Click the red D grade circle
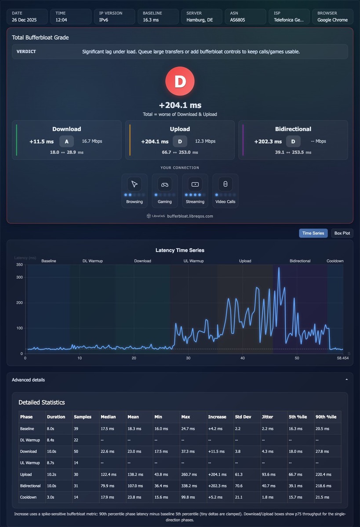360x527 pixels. click(x=180, y=81)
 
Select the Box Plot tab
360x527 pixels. click(x=342, y=233)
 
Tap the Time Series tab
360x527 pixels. click(x=313, y=233)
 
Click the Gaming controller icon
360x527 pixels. click(x=164, y=184)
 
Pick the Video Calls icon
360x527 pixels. click(x=225, y=184)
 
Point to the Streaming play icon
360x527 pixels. click(x=195, y=184)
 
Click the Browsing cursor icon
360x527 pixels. click(x=135, y=184)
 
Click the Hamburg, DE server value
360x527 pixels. click(x=200, y=20)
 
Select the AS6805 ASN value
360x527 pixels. click(x=237, y=20)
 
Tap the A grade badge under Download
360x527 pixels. click(x=67, y=141)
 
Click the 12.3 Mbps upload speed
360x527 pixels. click(x=205, y=141)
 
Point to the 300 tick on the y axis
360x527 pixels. click(x=19, y=277)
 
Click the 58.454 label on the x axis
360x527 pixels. click(x=343, y=358)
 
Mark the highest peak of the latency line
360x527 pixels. click(x=279, y=267)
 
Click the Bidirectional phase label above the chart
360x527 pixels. click(x=300, y=261)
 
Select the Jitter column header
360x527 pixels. click(x=267, y=417)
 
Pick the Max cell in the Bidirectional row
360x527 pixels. click(x=189, y=486)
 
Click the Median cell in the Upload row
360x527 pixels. click(x=109, y=474)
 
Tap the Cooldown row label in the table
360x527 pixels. click(x=28, y=497)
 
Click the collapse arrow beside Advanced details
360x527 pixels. click(x=346, y=379)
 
